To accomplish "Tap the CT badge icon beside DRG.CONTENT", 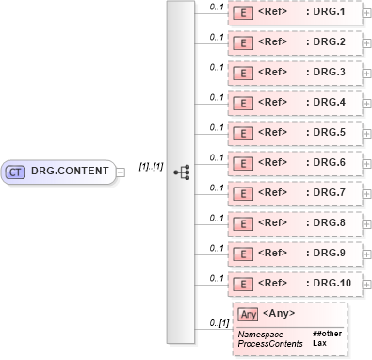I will click(16, 172).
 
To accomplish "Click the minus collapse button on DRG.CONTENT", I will click(121, 172).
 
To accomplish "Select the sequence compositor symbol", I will click(182, 172).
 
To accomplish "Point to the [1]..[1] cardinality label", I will click(151, 166).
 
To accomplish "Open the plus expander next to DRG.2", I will click(366, 43).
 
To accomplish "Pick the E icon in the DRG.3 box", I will click(242, 73).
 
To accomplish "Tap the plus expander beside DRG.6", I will click(366, 162).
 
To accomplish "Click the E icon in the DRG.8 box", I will click(242, 222).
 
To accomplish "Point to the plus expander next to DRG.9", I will click(366, 253).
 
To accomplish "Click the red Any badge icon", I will click(248, 314).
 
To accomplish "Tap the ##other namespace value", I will click(326, 335).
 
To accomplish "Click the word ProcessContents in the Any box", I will click(270, 344).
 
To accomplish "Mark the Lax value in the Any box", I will click(318, 344).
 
